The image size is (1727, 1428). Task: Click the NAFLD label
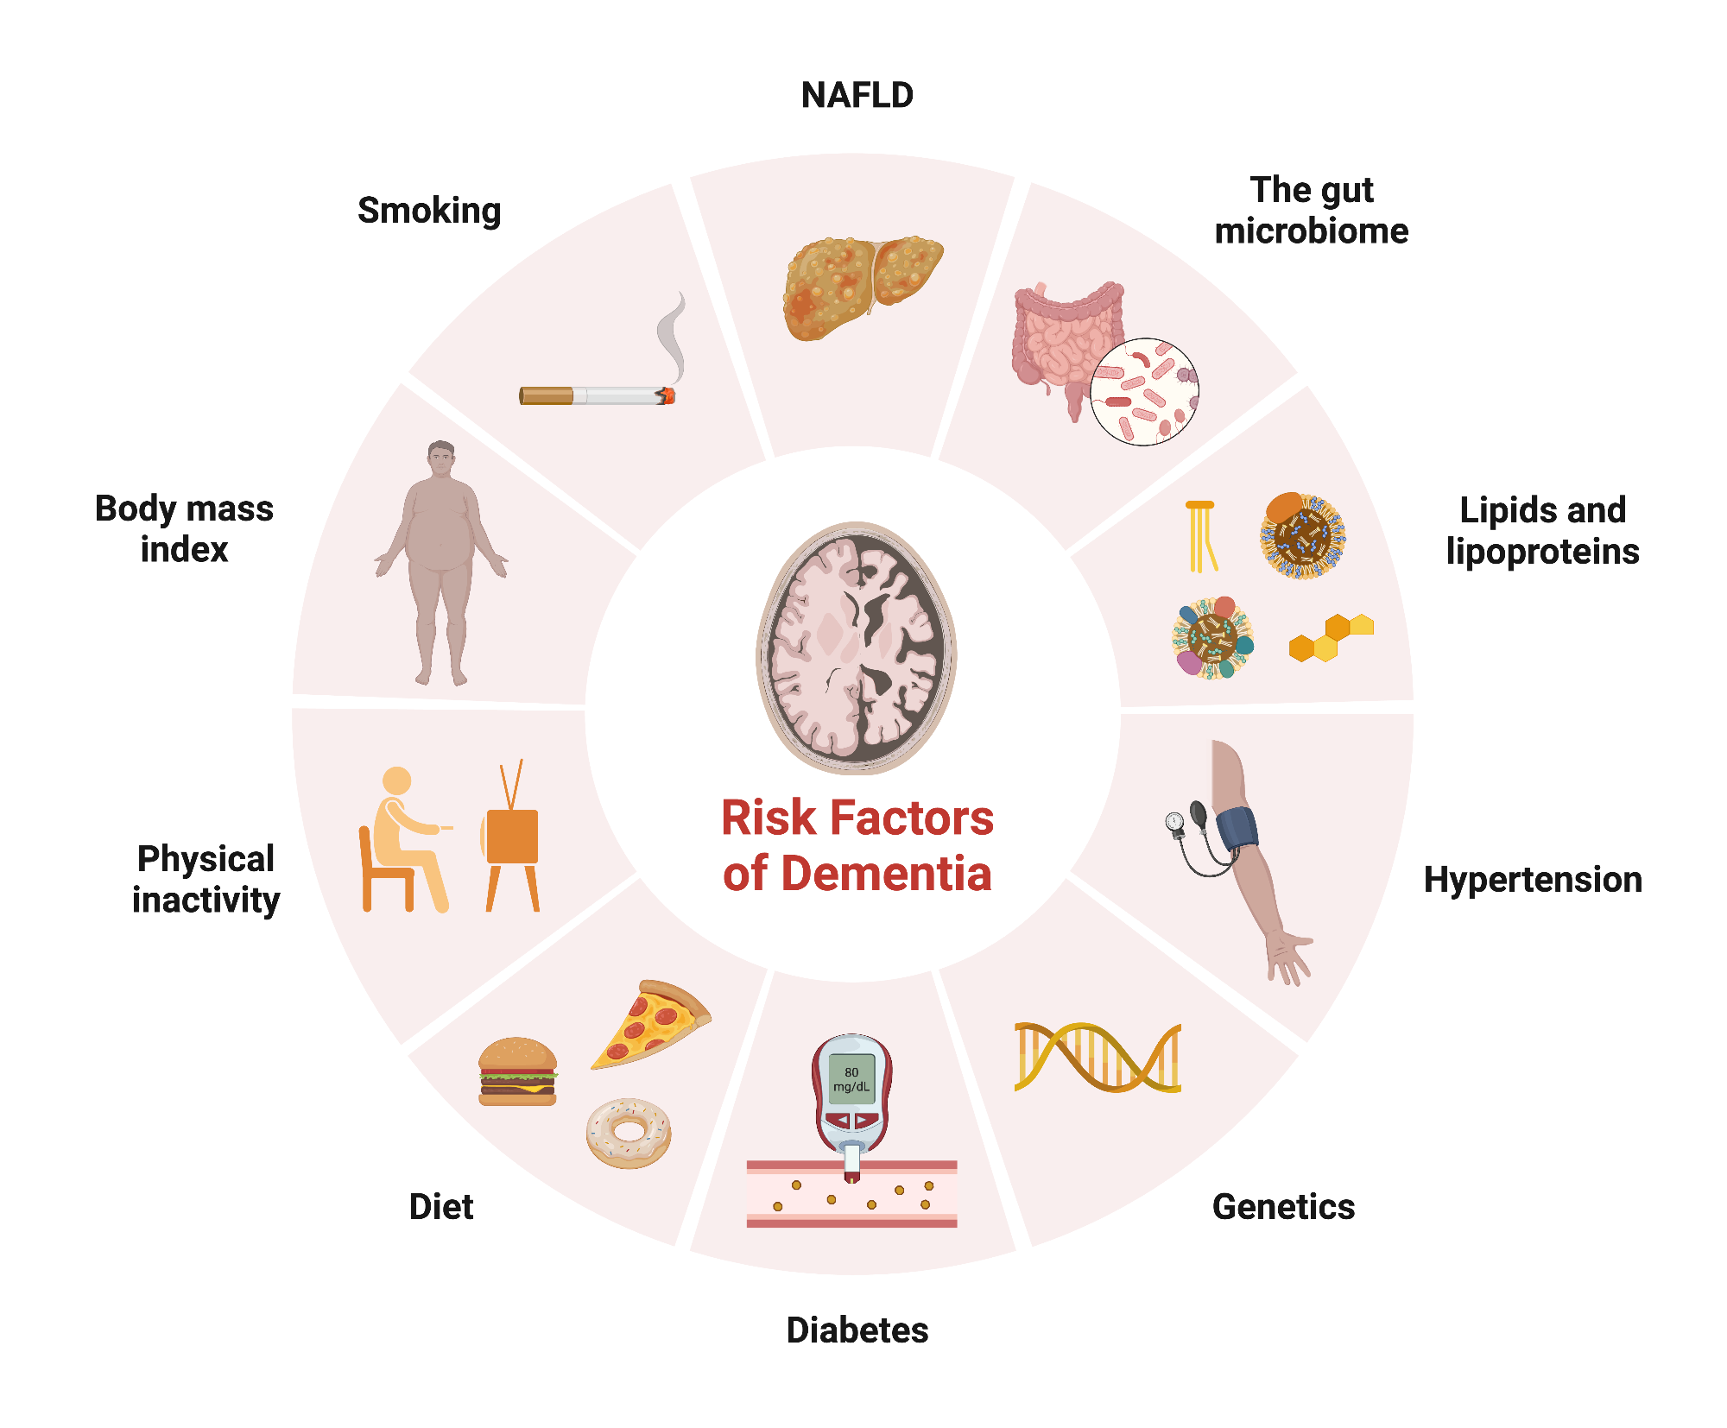(x=857, y=95)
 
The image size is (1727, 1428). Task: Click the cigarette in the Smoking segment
(x=596, y=395)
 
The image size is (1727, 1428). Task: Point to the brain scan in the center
(x=857, y=648)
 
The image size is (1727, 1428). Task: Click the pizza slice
(x=650, y=1025)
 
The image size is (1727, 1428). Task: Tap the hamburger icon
(x=517, y=1071)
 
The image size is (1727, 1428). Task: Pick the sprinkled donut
(x=629, y=1133)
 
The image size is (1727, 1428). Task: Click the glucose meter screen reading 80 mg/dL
(x=851, y=1079)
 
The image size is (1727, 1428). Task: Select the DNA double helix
(x=1098, y=1058)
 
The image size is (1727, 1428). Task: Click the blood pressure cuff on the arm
(x=1237, y=829)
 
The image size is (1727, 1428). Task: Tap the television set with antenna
(x=512, y=837)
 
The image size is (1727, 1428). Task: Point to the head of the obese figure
(x=441, y=458)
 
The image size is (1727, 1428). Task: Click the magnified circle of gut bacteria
(x=1144, y=391)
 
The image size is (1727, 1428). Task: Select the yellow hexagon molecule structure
(x=1330, y=637)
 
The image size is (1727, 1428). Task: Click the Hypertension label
(x=1532, y=880)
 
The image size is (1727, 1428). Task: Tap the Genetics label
(x=1283, y=1206)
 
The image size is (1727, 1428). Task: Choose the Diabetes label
(x=857, y=1330)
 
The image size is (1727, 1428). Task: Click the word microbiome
(x=1311, y=231)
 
